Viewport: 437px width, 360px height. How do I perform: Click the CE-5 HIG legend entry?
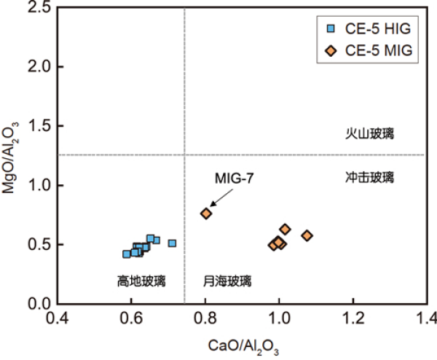[369, 28]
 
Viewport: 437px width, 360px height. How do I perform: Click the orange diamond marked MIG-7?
[206, 214]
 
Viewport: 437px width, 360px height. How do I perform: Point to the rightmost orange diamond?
[307, 235]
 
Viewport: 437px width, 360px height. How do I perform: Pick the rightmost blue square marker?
[173, 243]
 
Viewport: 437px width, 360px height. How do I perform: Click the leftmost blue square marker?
[127, 254]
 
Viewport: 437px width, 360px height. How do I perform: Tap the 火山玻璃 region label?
[369, 133]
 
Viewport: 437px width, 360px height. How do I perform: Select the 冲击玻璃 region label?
[369, 176]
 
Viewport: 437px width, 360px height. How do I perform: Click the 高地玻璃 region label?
[141, 280]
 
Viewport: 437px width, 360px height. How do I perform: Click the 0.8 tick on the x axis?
[205, 318]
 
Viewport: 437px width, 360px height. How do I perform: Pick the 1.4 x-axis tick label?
[426, 318]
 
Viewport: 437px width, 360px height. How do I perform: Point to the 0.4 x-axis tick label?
[58, 318]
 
